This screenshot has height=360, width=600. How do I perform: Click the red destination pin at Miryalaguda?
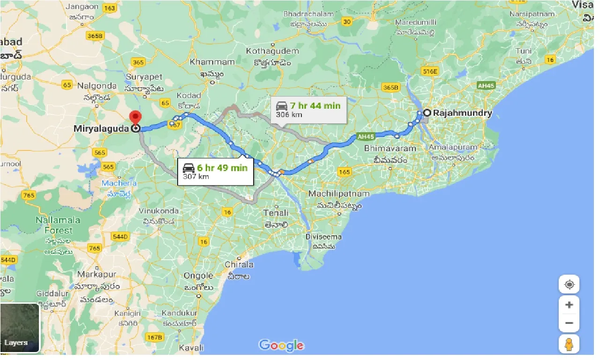click(136, 119)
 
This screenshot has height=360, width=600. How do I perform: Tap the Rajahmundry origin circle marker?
click(427, 112)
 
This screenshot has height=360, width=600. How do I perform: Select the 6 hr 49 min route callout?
click(215, 171)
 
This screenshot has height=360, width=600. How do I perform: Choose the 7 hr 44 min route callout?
click(308, 109)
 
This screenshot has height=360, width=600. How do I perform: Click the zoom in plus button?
click(569, 305)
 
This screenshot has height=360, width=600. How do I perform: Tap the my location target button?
click(569, 285)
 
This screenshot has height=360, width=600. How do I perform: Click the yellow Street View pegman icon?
click(569, 345)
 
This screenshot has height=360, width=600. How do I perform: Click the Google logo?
click(281, 346)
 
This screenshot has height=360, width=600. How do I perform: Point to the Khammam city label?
click(212, 62)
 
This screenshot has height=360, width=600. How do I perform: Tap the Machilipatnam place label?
click(339, 194)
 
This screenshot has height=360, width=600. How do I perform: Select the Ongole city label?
click(198, 276)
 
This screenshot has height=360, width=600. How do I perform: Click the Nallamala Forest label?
click(58, 225)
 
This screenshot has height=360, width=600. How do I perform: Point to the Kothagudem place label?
click(273, 51)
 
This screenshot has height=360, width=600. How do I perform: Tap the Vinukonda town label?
click(159, 211)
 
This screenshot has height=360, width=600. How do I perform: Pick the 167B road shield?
click(154, 337)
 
